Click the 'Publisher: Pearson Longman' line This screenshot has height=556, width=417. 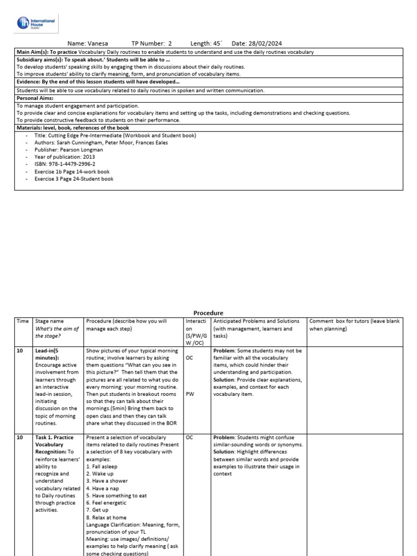tap(69, 149)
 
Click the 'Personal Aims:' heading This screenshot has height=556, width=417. tap(35, 98)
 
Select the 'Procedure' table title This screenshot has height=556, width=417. tap(208, 313)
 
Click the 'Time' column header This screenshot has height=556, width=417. tap(22, 321)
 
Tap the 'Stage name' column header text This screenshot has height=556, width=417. tap(49, 321)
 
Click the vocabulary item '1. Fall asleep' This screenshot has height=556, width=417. tap(102, 466)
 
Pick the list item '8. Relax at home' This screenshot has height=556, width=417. tap(107, 517)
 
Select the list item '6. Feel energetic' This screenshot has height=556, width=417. tap(108, 503)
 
